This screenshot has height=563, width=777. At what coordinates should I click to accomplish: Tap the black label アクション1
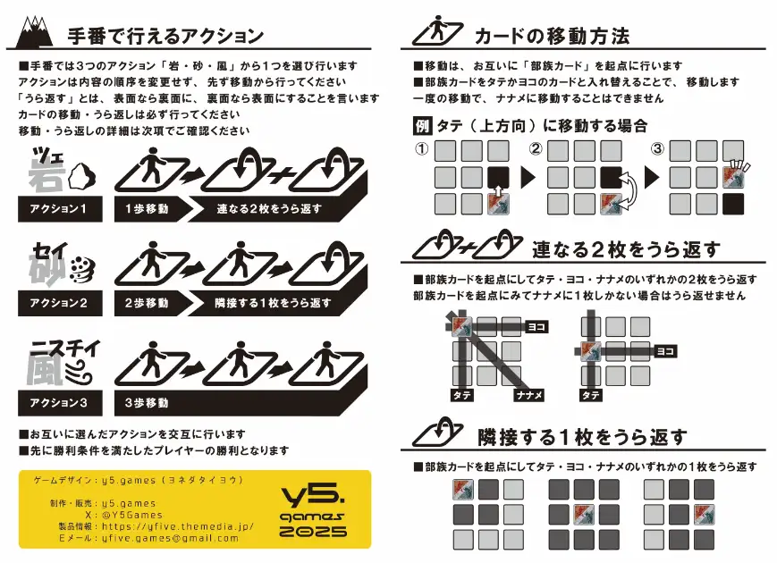tap(60, 209)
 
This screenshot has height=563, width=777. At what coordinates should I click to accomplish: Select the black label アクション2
tap(60, 303)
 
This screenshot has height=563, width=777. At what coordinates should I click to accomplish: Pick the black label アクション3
tap(60, 402)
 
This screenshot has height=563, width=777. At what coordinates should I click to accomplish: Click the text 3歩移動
tap(147, 403)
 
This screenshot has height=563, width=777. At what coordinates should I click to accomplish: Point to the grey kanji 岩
tap(46, 174)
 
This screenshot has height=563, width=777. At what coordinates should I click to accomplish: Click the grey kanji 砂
tap(47, 269)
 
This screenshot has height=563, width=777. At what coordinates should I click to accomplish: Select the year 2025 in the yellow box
tap(313, 532)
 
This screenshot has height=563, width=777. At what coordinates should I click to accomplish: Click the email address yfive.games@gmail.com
tap(170, 538)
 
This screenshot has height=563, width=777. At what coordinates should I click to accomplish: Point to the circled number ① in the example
tap(422, 148)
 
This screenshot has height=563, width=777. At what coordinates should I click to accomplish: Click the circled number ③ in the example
tap(657, 148)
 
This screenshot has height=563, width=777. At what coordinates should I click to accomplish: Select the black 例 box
tap(422, 126)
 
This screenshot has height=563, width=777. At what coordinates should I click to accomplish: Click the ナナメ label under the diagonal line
tap(529, 395)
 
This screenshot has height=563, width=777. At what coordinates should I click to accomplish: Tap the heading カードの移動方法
tap(552, 36)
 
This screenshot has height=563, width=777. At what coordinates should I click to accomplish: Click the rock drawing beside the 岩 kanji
tap(82, 177)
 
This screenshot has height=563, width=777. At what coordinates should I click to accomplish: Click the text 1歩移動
tap(147, 209)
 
